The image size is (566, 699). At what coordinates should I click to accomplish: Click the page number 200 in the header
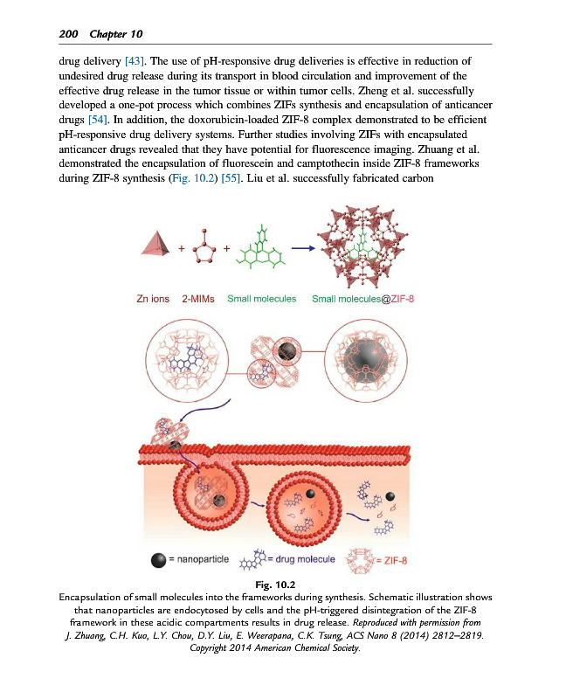pyautogui.click(x=67, y=33)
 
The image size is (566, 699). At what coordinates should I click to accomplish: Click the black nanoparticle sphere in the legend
pyautogui.click(x=159, y=559)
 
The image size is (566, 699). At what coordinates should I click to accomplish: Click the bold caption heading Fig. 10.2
pyautogui.click(x=283, y=582)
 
